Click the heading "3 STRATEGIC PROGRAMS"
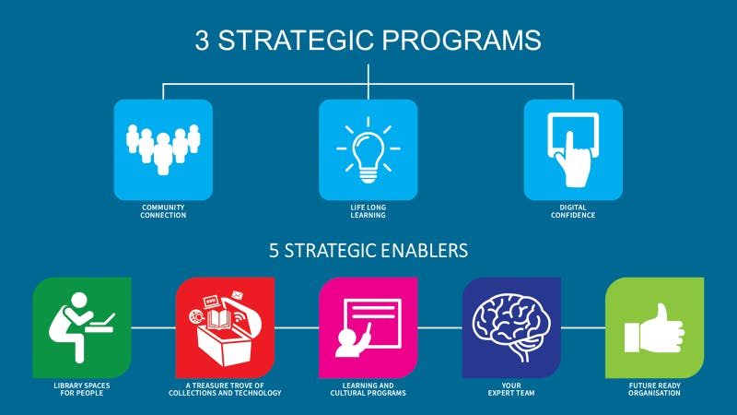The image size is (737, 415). coord(368,41)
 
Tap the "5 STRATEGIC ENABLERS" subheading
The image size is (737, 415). coord(368,250)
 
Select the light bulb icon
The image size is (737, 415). coord(368,149)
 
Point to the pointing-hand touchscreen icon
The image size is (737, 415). coord(573,148)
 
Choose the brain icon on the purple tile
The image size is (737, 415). coord(510,326)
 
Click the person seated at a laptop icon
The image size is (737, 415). coord(81,326)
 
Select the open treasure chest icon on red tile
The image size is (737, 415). coord(224,328)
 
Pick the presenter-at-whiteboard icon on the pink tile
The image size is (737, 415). coord(368,327)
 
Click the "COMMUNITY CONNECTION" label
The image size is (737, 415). coord(163,211)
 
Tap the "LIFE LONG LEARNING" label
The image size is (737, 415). coord(368,211)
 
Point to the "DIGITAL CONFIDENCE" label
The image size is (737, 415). coord(573,211)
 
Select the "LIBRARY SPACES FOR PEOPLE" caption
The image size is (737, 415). coord(81,388)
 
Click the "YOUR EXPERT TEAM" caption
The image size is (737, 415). coord(510,388)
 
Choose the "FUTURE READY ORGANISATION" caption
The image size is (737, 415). coord(654,388)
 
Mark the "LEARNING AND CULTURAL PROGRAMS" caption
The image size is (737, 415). coord(368,388)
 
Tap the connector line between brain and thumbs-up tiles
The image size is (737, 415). coord(582,327)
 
